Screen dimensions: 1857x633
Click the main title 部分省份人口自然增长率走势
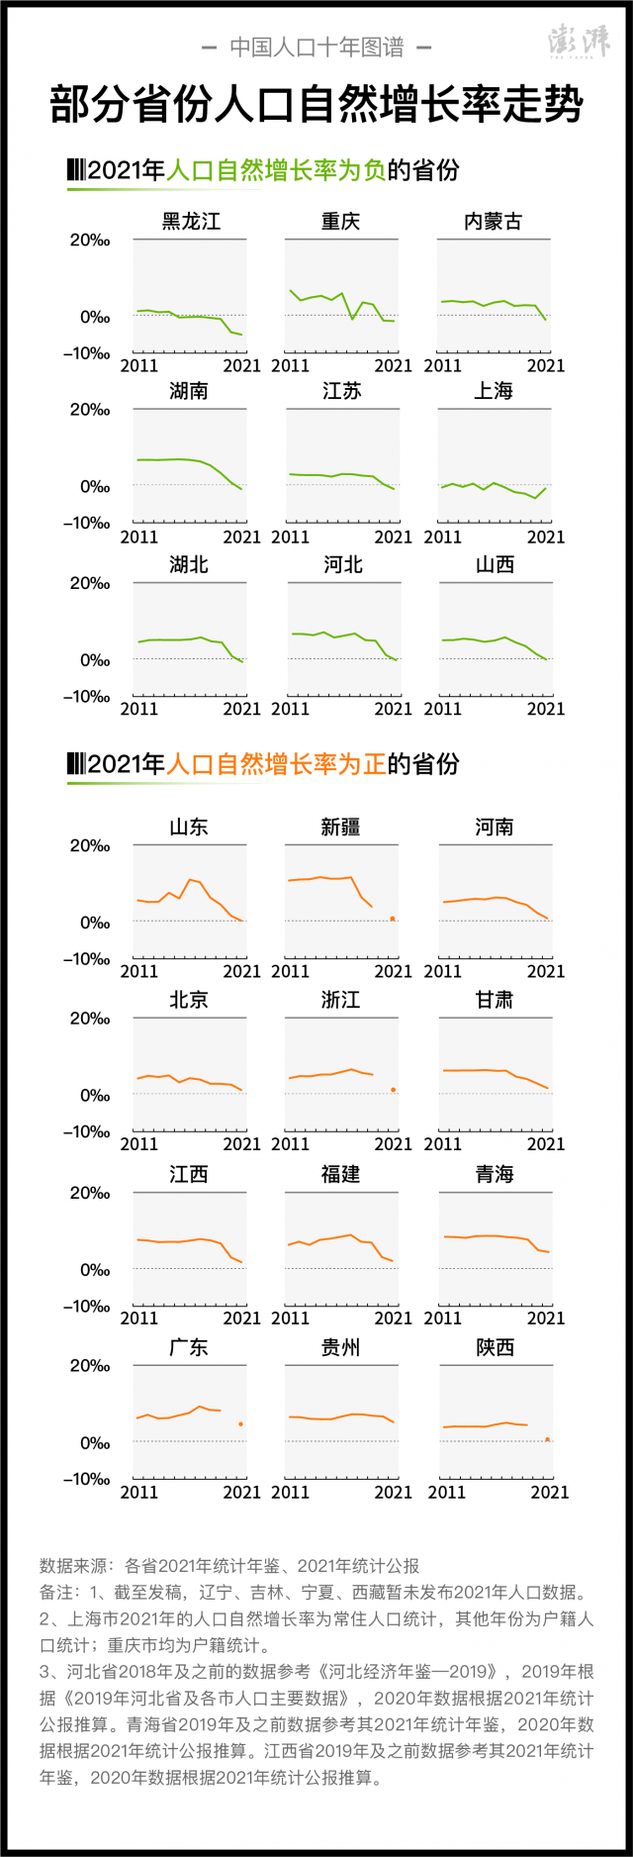coord(316,105)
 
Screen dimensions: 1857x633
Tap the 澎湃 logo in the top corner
coord(580,42)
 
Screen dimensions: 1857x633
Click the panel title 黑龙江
coord(190,221)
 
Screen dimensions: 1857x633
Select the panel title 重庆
coord(340,221)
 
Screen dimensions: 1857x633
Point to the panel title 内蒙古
coord(493,221)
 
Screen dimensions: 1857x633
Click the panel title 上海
coord(493,391)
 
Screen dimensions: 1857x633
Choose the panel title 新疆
coord(340,827)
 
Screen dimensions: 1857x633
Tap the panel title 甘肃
coord(493,1000)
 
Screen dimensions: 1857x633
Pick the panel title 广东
coord(189,1347)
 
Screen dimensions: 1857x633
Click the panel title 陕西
coord(495,1347)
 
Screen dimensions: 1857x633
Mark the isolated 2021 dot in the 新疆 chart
coord(393,919)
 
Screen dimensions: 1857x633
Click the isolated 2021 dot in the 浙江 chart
coord(393,1090)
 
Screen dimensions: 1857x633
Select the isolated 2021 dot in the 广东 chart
coord(240,1423)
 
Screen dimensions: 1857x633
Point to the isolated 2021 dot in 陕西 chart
coord(547,1439)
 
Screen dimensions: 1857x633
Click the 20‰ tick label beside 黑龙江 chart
coord(89,241)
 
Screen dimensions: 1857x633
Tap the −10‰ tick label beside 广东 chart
coord(86,1479)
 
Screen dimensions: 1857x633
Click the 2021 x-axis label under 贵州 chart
coord(394,1492)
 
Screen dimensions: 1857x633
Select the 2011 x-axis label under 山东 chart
coord(139,971)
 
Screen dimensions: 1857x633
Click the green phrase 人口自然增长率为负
coord(276,170)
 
